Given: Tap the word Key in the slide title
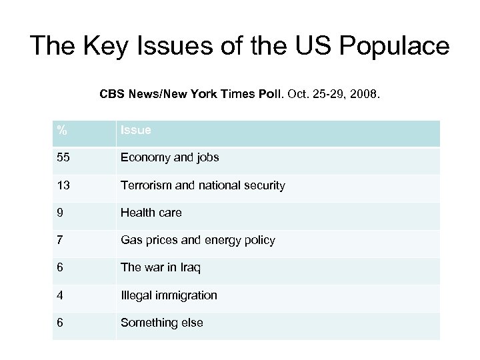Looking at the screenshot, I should click(x=103, y=46).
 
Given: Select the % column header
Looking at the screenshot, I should click(x=61, y=131).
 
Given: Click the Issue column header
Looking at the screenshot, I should click(x=135, y=131).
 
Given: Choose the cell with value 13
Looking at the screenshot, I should click(x=64, y=186).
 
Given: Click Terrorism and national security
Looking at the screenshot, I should click(x=203, y=186).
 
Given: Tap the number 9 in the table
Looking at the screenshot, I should click(x=60, y=213).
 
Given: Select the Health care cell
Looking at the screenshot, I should click(x=151, y=213).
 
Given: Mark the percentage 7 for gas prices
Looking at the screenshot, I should click(x=60, y=240).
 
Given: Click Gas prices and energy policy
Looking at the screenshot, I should click(x=197, y=240).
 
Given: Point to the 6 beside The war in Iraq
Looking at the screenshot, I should click(x=60, y=268).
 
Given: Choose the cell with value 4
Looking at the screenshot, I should click(x=60, y=295).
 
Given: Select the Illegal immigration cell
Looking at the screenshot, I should click(x=169, y=295).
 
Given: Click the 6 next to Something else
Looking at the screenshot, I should click(x=60, y=323).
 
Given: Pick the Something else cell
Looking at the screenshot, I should click(x=162, y=323).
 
